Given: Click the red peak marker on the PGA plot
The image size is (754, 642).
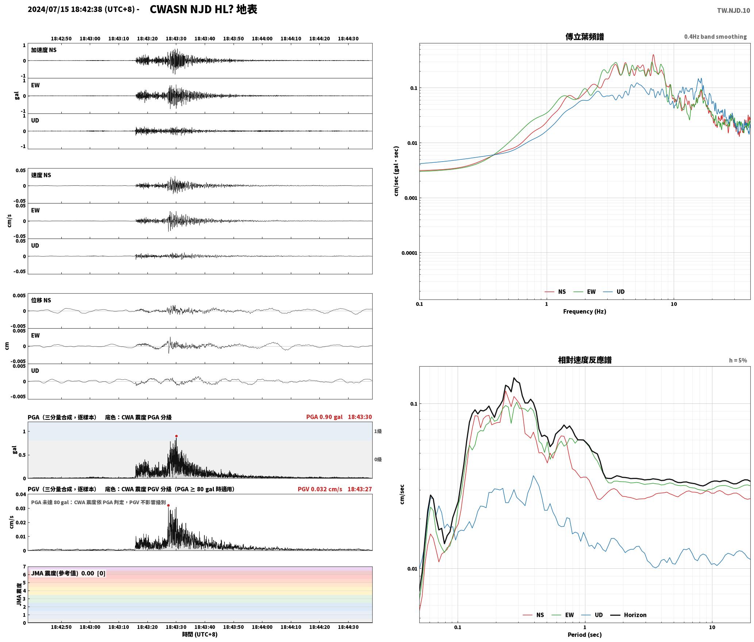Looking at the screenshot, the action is point(176,436).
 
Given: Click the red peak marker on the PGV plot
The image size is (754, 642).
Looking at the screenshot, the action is point(168,505).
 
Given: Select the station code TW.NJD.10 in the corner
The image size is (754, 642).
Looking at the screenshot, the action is point(734,10).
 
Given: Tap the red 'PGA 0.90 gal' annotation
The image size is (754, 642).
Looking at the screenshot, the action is point(324,417).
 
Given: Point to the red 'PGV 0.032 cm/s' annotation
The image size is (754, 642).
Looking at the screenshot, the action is point(320,489).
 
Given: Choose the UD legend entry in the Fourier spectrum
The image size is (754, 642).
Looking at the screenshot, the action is point(614,292).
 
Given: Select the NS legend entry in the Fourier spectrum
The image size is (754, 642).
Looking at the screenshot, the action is point(555,292).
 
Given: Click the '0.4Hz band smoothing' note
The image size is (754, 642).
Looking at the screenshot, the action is point(715,37).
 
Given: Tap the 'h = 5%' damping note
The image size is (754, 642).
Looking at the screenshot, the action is point(738,360).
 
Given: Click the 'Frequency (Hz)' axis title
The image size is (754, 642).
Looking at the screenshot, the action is point(584,312).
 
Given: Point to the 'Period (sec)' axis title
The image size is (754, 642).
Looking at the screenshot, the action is point(584,635).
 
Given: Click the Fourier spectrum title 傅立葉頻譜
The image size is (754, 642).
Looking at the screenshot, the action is point(584,36).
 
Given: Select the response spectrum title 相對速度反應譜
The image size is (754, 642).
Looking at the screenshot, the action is point(585,360).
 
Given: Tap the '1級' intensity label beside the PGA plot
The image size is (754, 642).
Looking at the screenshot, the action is point(378,432).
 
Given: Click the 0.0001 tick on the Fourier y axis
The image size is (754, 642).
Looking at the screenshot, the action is point(409,253).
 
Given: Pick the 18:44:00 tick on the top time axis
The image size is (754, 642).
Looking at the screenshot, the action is point(262,39).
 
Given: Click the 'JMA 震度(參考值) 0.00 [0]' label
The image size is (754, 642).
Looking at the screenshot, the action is point(68,573).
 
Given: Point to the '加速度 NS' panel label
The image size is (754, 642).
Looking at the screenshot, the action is point(44,50).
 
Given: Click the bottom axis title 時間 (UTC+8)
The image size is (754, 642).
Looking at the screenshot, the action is point(200,635).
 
